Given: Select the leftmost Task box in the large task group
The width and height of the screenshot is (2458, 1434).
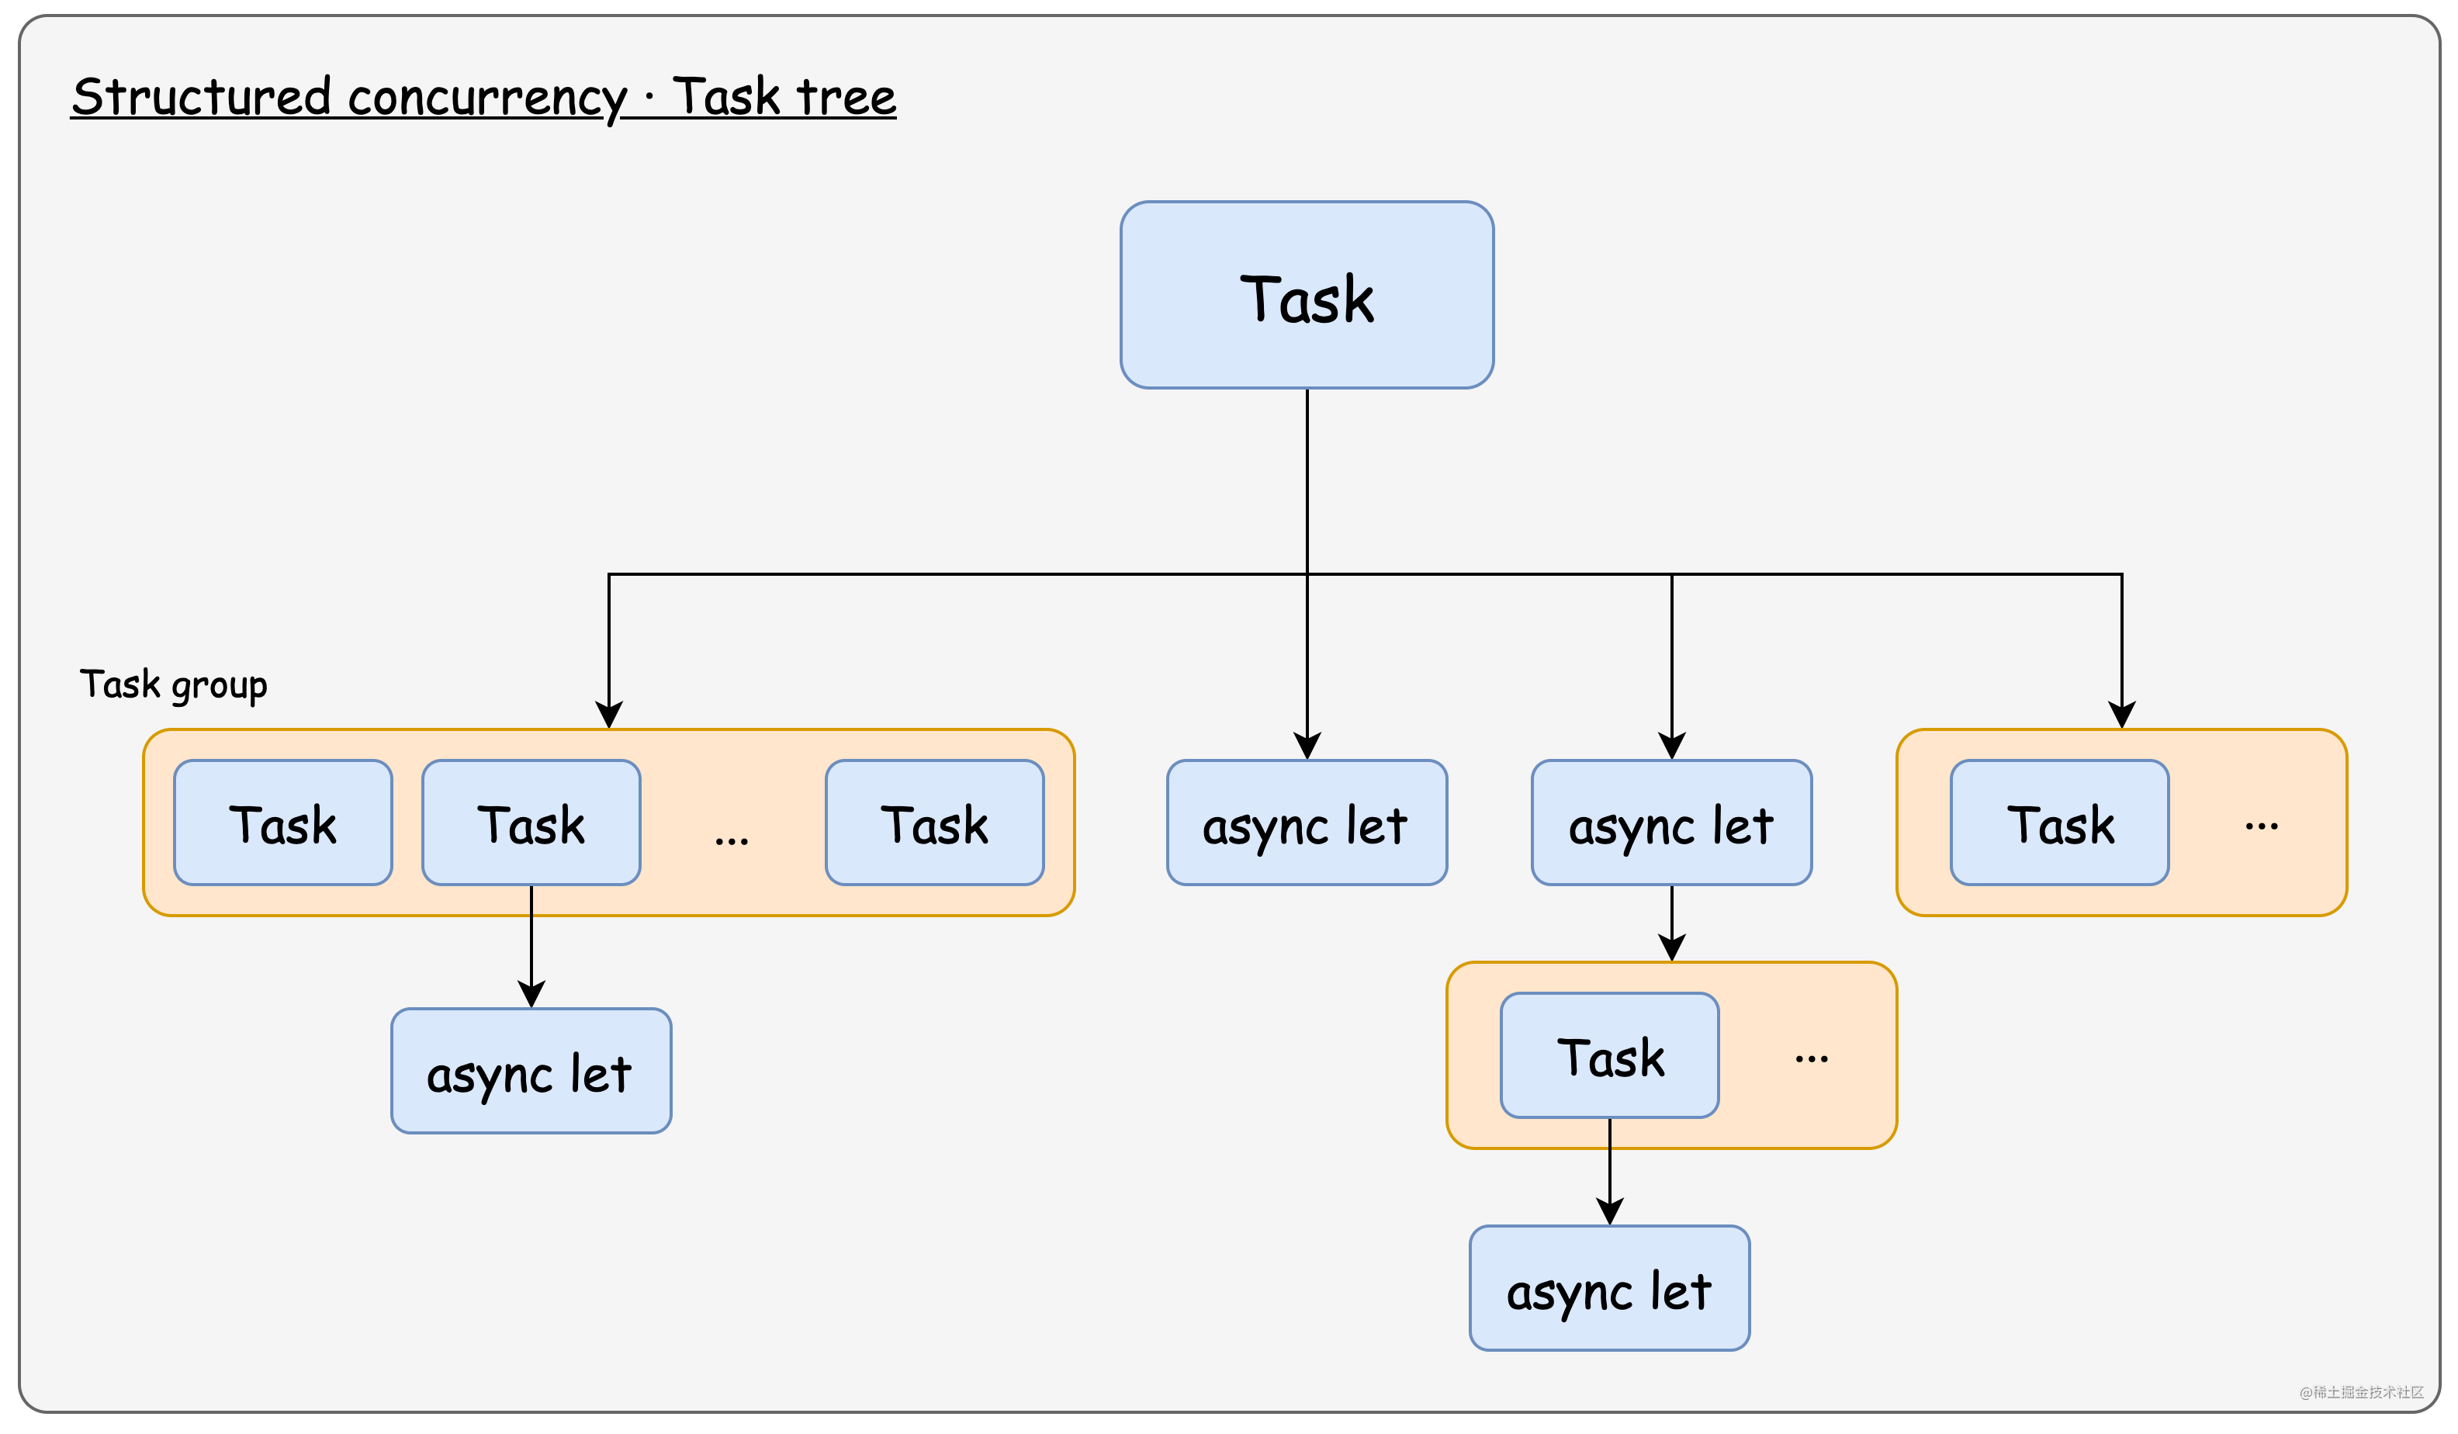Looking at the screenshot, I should pyautogui.click(x=283, y=823).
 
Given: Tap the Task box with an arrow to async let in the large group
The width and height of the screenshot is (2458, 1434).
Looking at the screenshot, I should pyautogui.click(x=531, y=823).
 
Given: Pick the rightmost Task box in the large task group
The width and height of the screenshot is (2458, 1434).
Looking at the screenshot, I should pyautogui.click(x=933, y=823).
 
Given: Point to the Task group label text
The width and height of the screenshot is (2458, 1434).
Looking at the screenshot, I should pyautogui.click(x=174, y=685).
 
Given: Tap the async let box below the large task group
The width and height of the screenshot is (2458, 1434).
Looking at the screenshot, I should pyautogui.click(x=531, y=1070).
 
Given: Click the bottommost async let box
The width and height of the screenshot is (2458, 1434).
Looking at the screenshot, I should pyautogui.click(x=1608, y=1287).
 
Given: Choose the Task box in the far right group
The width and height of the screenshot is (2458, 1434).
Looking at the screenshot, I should pyautogui.click(x=2059, y=823).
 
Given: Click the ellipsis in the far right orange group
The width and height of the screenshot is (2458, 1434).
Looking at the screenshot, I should pyautogui.click(x=2261, y=826).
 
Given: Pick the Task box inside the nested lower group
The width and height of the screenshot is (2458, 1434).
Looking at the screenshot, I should pyautogui.click(x=1608, y=1055).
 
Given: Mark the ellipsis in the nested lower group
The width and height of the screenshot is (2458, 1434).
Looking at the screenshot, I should pyautogui.click(x=1812, y=1058).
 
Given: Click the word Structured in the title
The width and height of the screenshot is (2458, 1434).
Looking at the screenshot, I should pyautogui.click(x=201, y=98).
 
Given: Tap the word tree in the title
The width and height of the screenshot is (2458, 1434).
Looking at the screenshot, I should pyautogui.click(x=846, y=98).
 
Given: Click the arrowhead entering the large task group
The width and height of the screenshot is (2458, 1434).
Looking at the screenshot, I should pyautogui.click(x=608, y=714).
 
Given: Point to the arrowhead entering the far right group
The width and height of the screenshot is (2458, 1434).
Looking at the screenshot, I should pyautogui.click(x=2121, y=714).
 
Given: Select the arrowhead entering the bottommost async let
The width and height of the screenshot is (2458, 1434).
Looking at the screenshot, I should pyautogui.click(x=1609, y=1211).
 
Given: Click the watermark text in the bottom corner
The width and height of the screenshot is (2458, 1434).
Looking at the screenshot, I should pyautogui.click(x=2360, y=1392).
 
